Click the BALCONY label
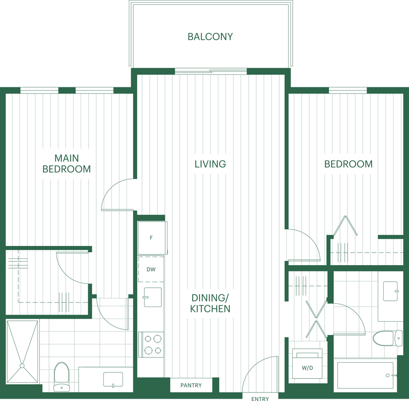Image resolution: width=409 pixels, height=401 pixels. (210, 37)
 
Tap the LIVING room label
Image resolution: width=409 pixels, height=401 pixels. (210, 164)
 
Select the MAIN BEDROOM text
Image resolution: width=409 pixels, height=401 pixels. (66, 164)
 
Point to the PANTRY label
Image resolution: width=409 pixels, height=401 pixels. (191, 385)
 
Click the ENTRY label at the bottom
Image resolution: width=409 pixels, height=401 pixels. (260, 399)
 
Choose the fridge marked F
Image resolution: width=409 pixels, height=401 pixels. (152, 237)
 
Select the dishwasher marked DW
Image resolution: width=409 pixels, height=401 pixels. (151, 269)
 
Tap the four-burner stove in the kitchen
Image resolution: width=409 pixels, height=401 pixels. (151, 345)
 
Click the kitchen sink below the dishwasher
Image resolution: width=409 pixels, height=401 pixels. (152, 297)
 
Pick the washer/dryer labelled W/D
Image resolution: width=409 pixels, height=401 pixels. (307, 364)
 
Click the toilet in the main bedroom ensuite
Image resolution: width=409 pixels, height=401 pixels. (61, 377)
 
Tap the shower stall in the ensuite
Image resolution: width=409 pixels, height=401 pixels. (22, 352)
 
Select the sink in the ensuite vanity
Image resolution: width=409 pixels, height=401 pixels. (113, 380)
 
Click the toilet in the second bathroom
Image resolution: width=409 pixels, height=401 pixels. (387, 338)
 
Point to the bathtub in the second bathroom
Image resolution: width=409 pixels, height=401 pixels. (365, 376)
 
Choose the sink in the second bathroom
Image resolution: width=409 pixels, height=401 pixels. (390, 291)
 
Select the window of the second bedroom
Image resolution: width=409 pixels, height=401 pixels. (348, 90)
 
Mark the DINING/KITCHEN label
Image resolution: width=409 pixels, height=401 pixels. (210, 303)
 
